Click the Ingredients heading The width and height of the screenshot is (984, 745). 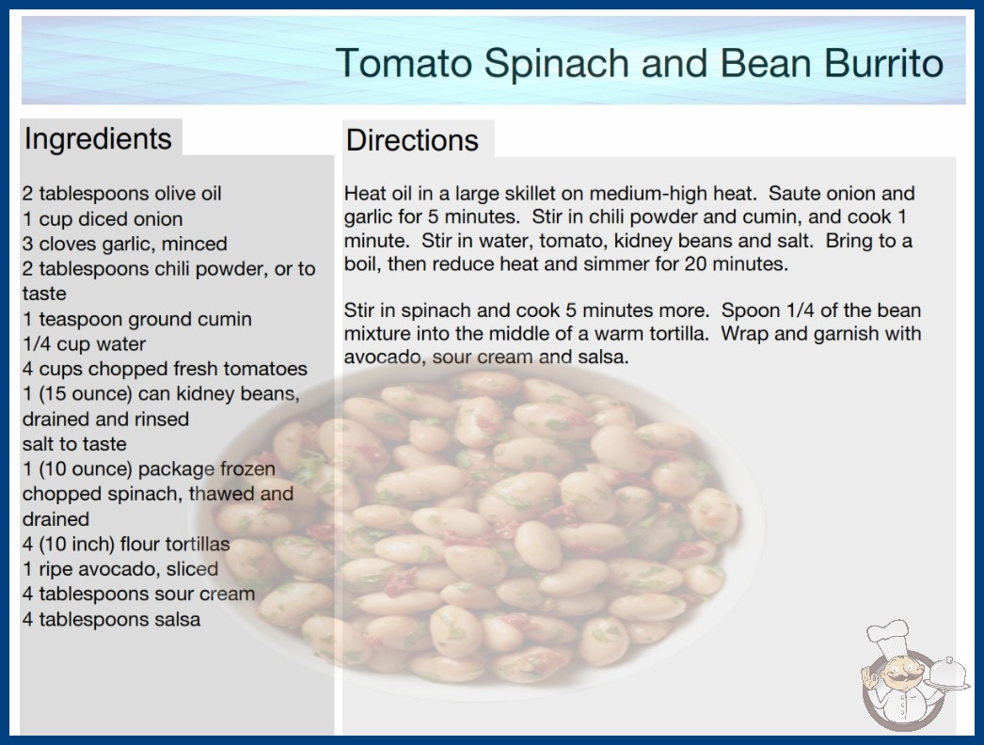[98, 138]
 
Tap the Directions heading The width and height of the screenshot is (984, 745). [412, 140]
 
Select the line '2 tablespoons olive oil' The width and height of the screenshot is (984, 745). [121, 194]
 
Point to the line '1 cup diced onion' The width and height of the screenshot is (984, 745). [103, 219]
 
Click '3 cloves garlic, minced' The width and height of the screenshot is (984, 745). [125, 244]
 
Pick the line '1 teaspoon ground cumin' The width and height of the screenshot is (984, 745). [137, 319]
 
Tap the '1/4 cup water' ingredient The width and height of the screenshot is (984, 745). [84, 344]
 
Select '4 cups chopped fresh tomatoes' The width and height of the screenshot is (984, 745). [165, 369]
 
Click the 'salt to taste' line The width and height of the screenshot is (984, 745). [74, 444]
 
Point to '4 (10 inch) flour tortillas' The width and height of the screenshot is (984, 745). [126, 544]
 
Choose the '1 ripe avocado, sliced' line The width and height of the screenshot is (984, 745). [120, 569]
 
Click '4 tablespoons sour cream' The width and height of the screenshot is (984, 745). [138, 594]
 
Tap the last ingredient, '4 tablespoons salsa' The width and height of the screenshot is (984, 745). [112, 619]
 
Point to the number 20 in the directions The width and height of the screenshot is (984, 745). [695, 263]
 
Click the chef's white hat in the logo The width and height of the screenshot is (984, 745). [888, 637]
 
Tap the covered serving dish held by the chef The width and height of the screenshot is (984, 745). [948, 674]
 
